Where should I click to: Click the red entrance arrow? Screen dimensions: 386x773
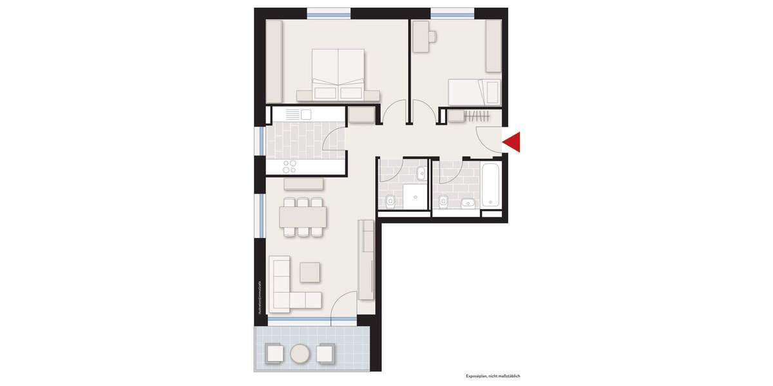pos(513,142)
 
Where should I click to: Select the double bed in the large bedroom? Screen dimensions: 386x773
pos(338,76)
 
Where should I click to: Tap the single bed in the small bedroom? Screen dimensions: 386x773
pos(474,91)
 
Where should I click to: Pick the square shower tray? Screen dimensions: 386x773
pos(414,196)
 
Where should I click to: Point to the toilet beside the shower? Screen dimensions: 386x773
pos(389,202)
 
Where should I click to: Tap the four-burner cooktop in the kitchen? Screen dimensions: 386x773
pos(290,165)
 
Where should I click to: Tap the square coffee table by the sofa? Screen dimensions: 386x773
pos(310,271)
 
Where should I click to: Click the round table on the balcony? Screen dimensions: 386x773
pos(300,353)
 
